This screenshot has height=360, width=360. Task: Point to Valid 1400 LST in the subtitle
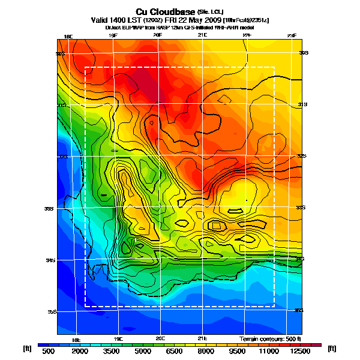(x=115, y=20)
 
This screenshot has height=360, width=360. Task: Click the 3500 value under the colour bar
(x=113, y=352)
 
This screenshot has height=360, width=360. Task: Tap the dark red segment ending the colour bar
(x=316, y=345)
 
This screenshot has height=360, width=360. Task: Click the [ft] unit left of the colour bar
(x=27, y=348)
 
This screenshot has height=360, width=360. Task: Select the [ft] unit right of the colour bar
(x=332, y=348)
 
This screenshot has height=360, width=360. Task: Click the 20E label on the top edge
(x=157, y=35)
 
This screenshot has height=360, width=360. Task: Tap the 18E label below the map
(x=76, y=339)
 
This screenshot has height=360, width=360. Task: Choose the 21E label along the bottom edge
(x=202, y=338)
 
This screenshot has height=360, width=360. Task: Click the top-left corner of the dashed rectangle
(x=85, y=67)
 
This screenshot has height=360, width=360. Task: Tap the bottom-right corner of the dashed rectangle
(x=274, y=307)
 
